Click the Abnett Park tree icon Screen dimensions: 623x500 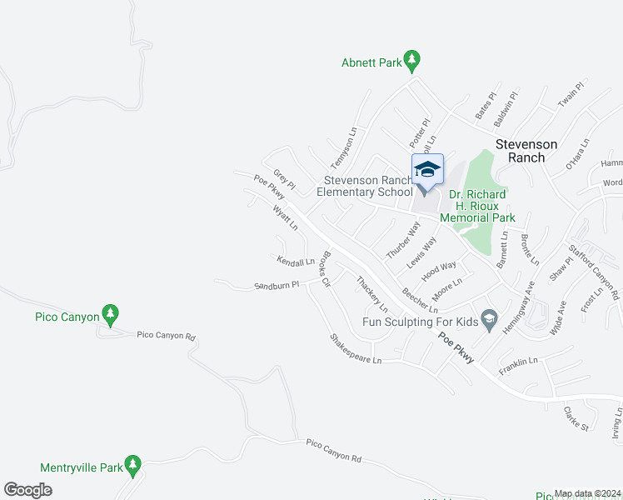click(411, 61)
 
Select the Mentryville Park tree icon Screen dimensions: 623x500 click(132, 465)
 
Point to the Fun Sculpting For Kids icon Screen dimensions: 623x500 click(490, 318)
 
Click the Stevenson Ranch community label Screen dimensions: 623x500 click(531, 150)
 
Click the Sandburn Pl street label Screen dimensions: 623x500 click(277, 286)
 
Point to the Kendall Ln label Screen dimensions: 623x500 click(297, 262)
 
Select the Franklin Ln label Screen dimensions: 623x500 click(517, 363)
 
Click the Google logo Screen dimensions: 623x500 click(27, 490)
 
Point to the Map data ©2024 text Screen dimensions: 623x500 click(588, 493)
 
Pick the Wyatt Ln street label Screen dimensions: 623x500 click(285, 218)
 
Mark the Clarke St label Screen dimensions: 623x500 click(576, 418)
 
